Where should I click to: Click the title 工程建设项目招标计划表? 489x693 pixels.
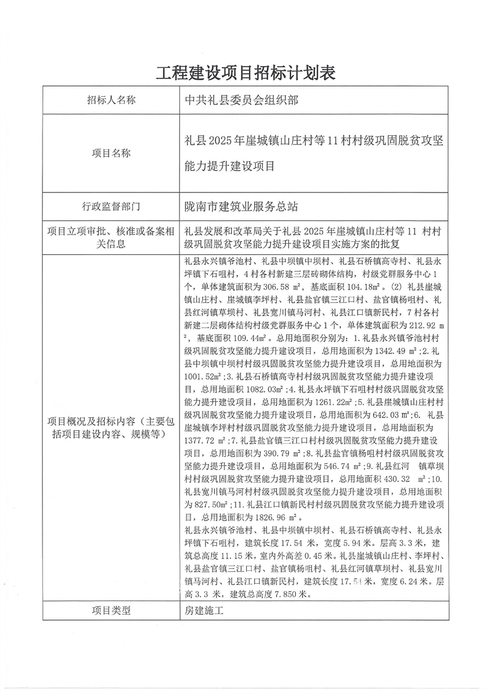[x=245, y=73]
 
